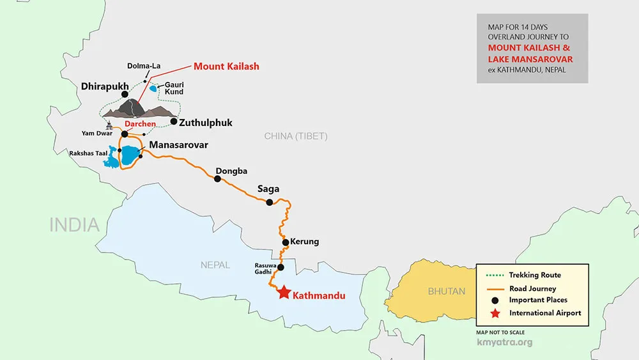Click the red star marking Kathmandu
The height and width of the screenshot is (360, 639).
[x=284, y=292]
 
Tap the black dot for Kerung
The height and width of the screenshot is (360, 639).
[x=286, y=242]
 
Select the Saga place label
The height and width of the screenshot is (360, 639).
[x=268, y=189]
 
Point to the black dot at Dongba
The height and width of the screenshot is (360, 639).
[x=217, y=179]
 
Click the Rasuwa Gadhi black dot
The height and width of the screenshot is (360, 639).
[x=281, y=267]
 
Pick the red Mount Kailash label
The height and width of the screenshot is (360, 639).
[x=226, y=67]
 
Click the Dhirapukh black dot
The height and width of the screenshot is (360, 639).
[x=134, y=95]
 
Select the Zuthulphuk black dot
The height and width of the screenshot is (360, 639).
[x=173, y=121]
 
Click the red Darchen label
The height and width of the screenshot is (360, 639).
[x=140, y=124]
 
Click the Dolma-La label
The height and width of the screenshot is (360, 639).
[x=142, y=66]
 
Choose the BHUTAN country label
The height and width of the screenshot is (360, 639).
[x=446, y=292]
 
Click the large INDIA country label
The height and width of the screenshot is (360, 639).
[x=75, y=224]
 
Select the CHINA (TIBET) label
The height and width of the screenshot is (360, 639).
[x=296, y=136]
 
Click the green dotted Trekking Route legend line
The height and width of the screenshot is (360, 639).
[x=491, y=276]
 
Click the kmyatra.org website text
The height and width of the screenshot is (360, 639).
[x=504, y=342]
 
